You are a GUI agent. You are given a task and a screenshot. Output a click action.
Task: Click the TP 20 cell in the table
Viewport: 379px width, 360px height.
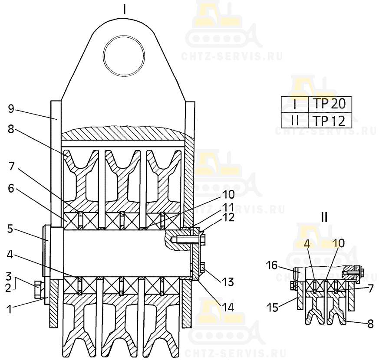[x=329, y=105]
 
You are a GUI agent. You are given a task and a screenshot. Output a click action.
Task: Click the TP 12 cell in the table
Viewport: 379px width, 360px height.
[x=329, y=120]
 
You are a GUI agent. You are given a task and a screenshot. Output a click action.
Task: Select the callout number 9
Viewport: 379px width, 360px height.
[x=11, y=108]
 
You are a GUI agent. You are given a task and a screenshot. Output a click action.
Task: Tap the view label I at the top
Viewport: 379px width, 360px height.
[x=125, y=9]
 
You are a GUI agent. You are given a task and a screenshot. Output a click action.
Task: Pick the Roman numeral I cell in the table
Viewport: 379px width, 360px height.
[x=295, y=105]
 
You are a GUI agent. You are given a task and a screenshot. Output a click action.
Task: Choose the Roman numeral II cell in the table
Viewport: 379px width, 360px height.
[x=295, y=120]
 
